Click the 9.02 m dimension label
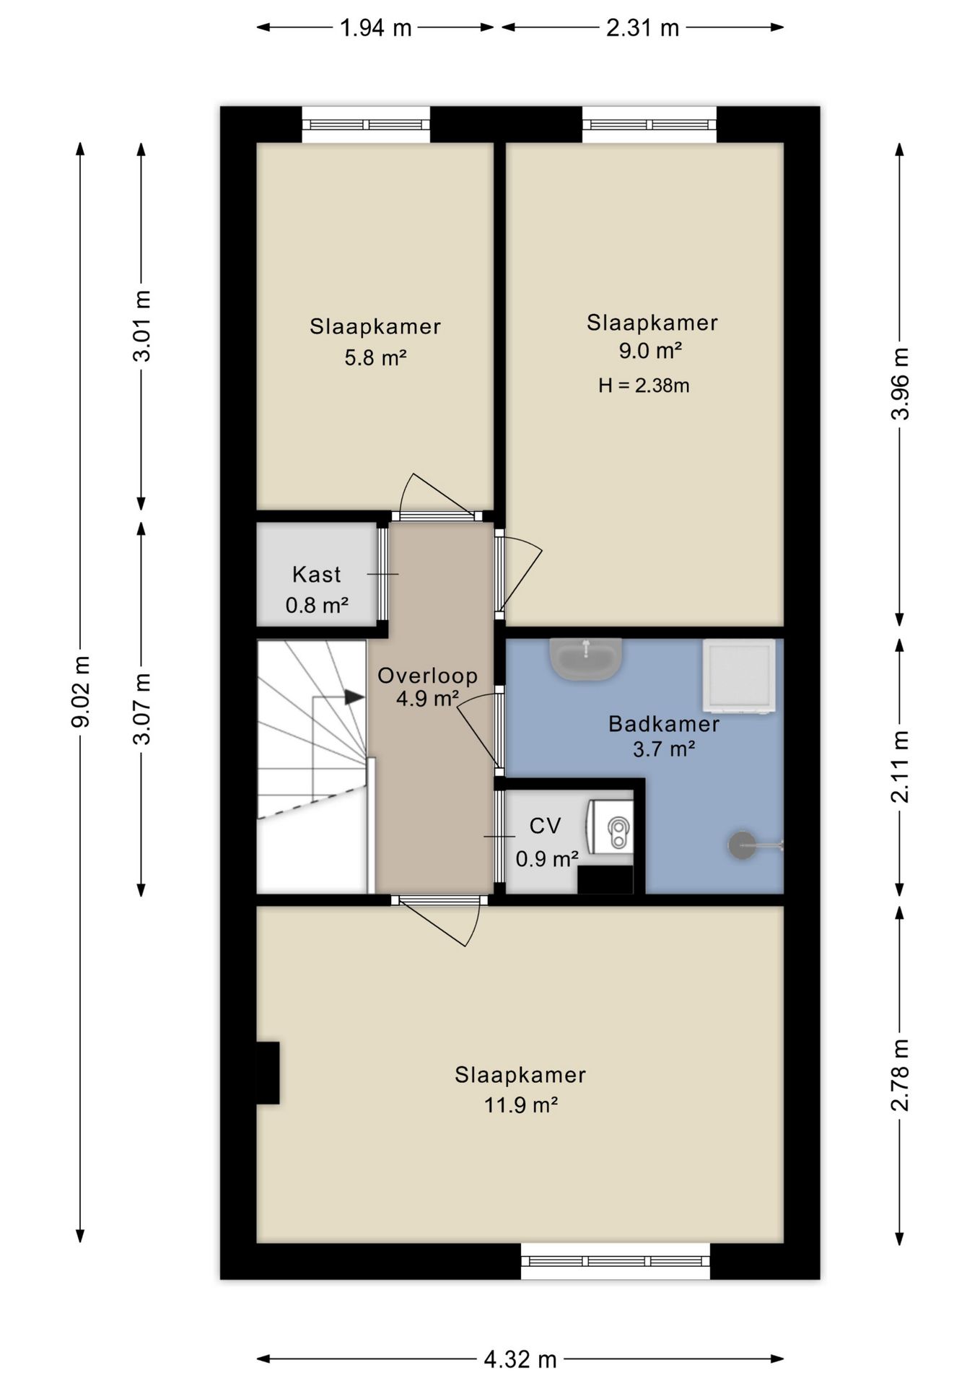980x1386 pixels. pyautogui.click(x=81, y=691)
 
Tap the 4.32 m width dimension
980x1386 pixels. pyautogui.click(x=520, y=1360)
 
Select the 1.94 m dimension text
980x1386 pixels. pyautogui.click(x=375, y=28)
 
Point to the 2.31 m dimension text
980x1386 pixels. pyautogui.click(x=642, y=28)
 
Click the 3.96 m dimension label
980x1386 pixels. pyautogui.click(x=900, y=384)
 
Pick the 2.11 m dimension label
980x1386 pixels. pyautogui.click(x=900, y=767)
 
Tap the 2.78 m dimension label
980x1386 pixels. pyautogui.click(x=900, y=1075)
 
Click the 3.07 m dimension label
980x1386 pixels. pyautogui.click(x=142, y=708)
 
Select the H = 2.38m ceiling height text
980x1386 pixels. pyautogui.click(x=644, y=385)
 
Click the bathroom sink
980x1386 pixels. pyautogui.click(x=585, y=658)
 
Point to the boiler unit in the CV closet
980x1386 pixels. pyautogui.click(x=611, y=833)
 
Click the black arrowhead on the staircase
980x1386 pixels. pyautogui.click(x=354, y=697)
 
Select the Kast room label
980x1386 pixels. pyautogui.click(x=316, y=575)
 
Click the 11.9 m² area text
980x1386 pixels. pyautogui.click(x=520, y=1105)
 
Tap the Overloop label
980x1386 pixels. pyautogui.click(x=427, y=676)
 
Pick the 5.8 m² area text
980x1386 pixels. pyautogui.click(x=375, y=357)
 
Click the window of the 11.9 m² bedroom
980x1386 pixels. pyautogui.click(x=616, y=1261)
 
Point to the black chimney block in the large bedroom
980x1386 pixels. pyautogui.click(x=268, y=1073)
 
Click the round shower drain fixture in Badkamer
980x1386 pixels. pyautogui.click(x=743, y=845)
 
